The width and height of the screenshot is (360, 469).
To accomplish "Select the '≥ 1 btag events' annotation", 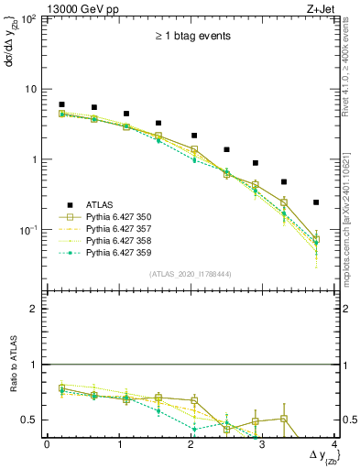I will click(191, 36).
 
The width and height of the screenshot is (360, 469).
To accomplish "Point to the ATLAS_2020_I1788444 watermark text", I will click(191, 273).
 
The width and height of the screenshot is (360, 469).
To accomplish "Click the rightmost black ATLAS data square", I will click(316, 202).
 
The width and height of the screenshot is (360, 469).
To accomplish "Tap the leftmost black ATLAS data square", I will click(61, 104).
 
